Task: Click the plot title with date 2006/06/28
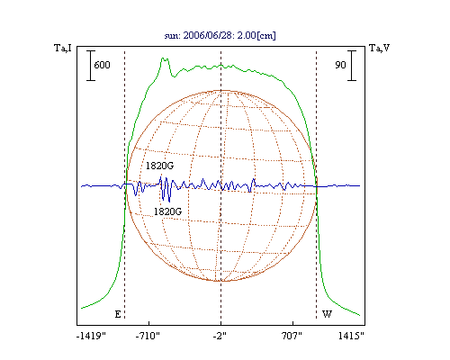(x=220, y=35)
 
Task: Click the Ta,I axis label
(x=63, y=48)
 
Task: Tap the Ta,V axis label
(x=379, y=48)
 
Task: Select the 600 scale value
(x=102, y=65)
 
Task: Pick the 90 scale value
(x=340, y=65)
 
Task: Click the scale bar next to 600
(x=91, y=66)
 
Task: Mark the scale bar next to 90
(x=352, y=66)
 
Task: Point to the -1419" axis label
(x=91, y=336)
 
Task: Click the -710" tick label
(x=148, y=336)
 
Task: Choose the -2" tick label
(x=220, y=336)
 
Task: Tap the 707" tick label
(x=292, y=336)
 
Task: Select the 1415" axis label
(x=351, y=336)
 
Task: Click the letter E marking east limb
(x=118, y=314)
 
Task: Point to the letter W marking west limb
(x=327, y=314)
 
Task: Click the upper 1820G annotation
(x=159, y=166)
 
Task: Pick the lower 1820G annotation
(x=167, y=211)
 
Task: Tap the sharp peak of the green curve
(x=163, y=58)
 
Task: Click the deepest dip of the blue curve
(x=169, y=202)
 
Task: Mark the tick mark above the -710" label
(x=149, y=323)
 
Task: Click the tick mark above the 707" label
(x=292, y=323)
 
